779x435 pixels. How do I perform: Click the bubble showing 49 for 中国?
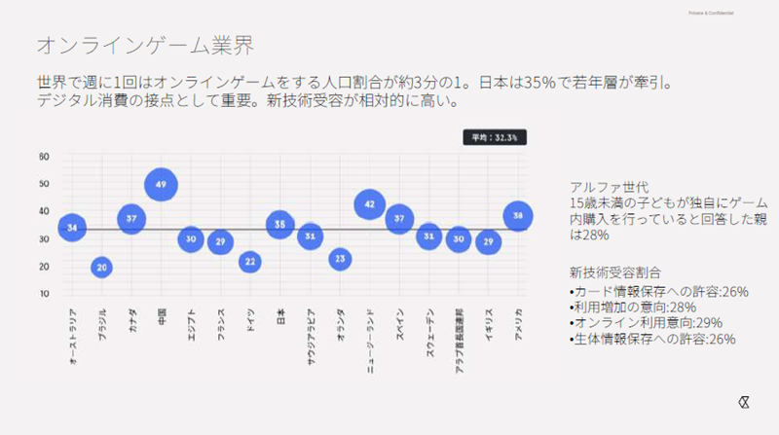(x=162, y=184)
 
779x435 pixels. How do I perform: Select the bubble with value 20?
(x=102, y=267)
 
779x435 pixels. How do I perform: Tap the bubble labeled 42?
(x=369, y=204)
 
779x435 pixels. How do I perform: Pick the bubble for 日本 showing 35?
(x=279, y=225)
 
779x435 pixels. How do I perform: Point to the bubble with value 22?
(x=250, y=261)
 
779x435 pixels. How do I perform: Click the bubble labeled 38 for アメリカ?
(x=518, y=216)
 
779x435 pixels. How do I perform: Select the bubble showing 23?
(x=339, y=259)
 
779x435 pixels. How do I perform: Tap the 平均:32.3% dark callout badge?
(x=496, y=138)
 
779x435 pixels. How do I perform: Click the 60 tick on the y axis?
(x=44, y=156)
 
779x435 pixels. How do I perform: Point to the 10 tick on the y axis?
(x=44, y=293)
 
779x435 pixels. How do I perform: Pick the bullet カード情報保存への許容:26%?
(x=651, y=291)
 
